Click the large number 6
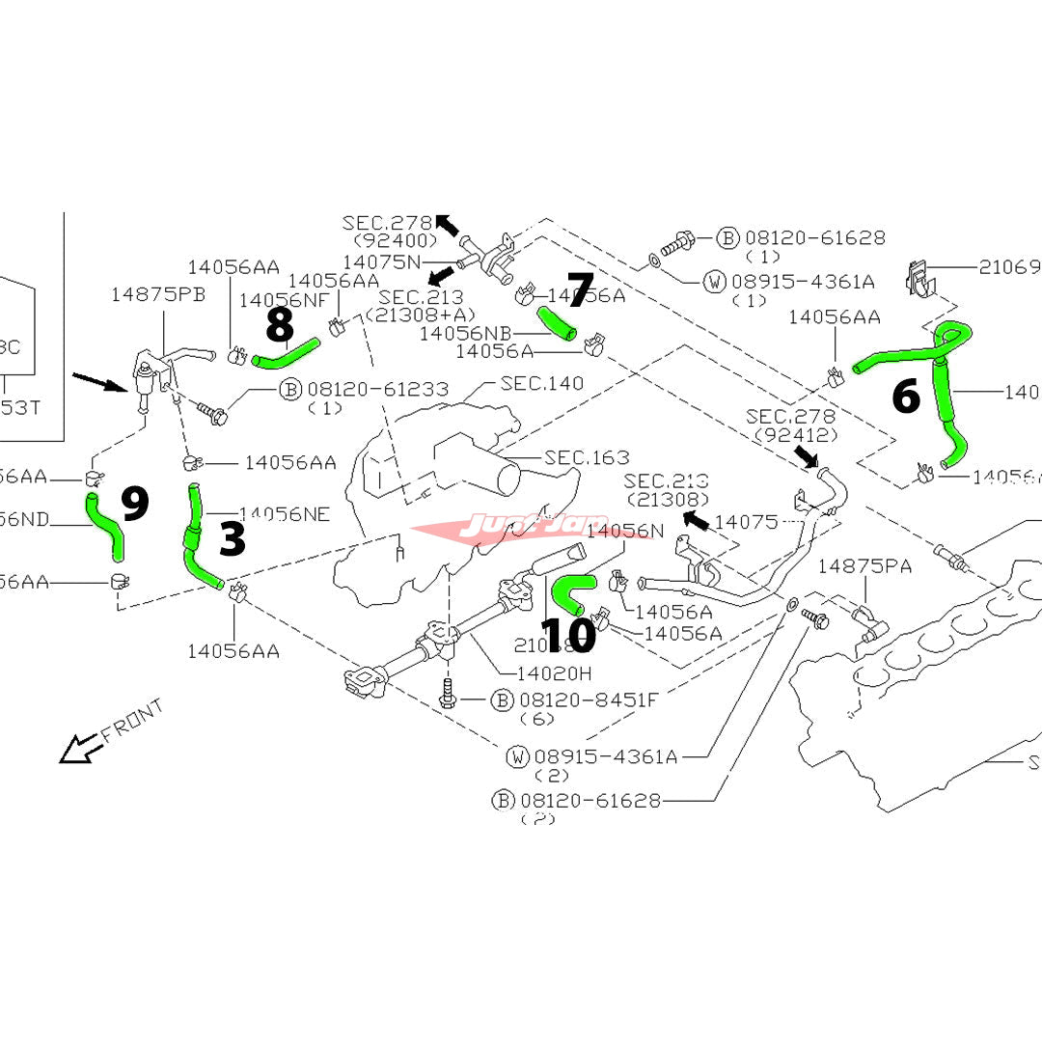[905, 397]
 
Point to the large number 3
[233, 539]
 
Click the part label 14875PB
[158, 294]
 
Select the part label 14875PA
[864, 565]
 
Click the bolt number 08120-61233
[378, 389]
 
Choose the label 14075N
[382, 261]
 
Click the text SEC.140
[541, 383]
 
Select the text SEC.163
[586, 457]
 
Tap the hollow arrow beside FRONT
[77, 748]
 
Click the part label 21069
[1009, 266]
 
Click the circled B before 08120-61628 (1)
[728, 237]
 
